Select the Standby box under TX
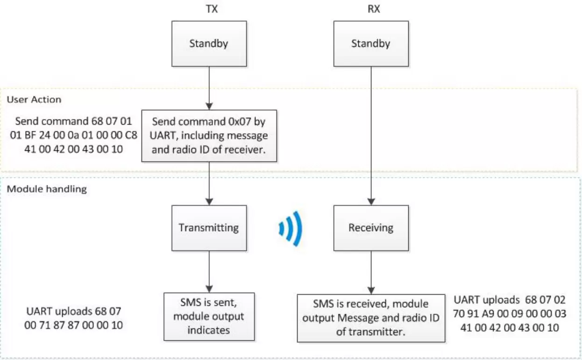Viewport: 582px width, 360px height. tap(208, 44)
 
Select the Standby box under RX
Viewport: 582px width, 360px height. tap(370, 44)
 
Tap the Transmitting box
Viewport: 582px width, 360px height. tap(208, 228)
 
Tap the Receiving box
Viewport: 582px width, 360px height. tap(370, 228)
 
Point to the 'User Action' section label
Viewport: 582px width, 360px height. tap(34, 99)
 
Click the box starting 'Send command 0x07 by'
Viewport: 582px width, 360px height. tap(209, 136)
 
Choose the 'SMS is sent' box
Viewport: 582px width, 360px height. tap(208, 317)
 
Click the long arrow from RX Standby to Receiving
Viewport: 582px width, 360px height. tap(370, 135)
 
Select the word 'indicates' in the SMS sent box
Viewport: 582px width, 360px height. tap(208, 330)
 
